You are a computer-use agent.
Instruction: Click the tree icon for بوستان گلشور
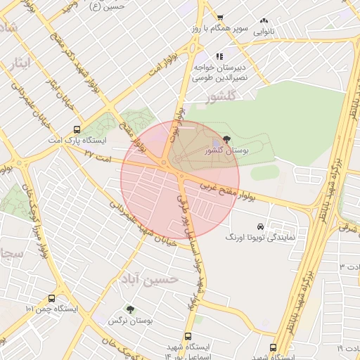tap(226, 139)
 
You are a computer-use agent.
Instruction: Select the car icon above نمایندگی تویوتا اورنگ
tap(261, 226)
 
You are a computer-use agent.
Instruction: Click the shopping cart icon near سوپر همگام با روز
tap(220, 18)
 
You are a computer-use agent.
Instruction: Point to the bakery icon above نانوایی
tap(264, 21)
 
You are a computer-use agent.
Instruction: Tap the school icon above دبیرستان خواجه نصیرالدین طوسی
tap(219, 56)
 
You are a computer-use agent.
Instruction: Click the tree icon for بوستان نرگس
tap(129, 309)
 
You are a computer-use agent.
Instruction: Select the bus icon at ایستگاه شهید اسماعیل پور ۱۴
tap(188, 336)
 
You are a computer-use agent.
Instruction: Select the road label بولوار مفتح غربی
tap(226, 191)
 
